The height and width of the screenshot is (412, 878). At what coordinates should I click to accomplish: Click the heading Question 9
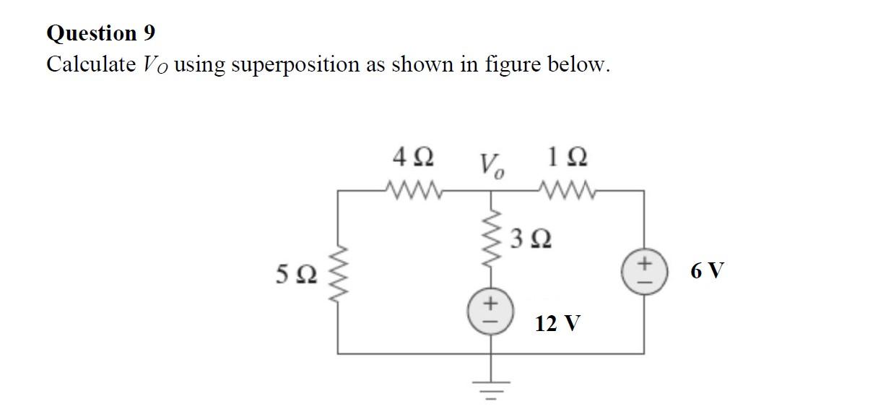pyautogui.click(x=100, y=33)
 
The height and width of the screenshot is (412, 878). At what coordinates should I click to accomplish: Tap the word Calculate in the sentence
pyautogui.click(x=90, y=64)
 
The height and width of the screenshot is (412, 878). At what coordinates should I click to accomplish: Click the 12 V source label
pyautogui.click(x=557, y=323)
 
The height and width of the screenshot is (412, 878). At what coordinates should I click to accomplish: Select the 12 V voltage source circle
pyautogui.click(x=494, y=308)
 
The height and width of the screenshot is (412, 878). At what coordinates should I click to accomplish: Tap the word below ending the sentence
pyautogui.click(x=586, y=64)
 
